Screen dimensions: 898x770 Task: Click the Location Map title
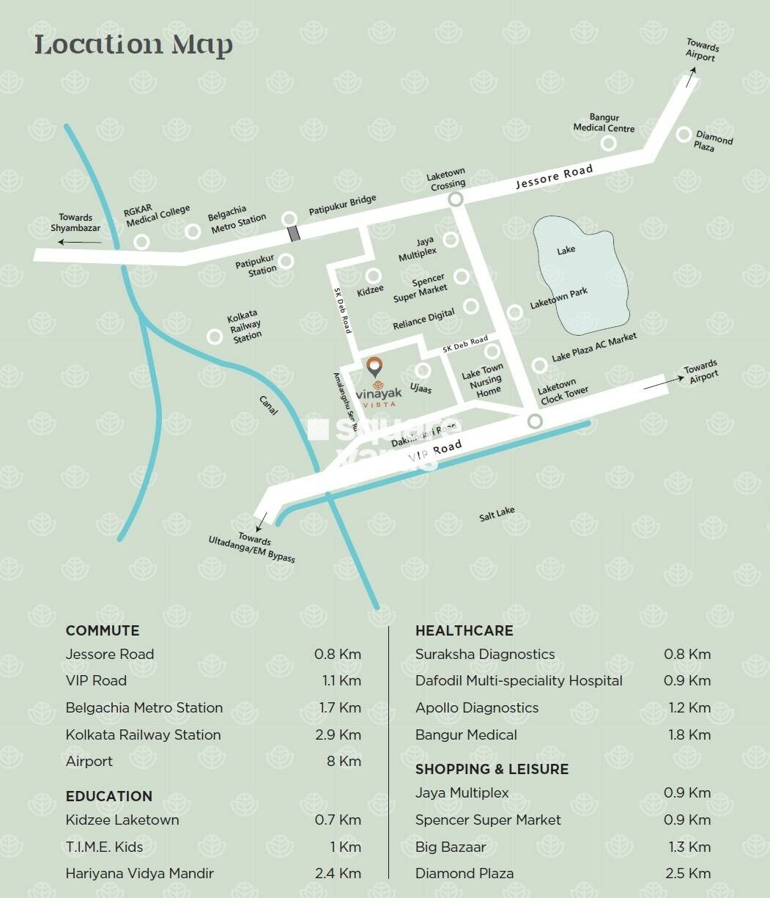click(x=133, y=45)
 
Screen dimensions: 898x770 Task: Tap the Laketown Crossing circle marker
click(x=456, y=199)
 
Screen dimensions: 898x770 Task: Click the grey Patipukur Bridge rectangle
click(x=294, y=234)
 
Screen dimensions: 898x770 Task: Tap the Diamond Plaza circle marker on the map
click(x=684, y=134)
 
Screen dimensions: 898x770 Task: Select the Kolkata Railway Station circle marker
click(x=215, y=336)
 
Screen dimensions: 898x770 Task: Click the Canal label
click(x=269, y=406)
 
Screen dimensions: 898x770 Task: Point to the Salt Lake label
click(x=497, y=514)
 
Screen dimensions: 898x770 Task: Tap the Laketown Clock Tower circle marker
click(x=535, y=421)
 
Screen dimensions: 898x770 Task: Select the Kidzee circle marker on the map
click(x=374, y=276)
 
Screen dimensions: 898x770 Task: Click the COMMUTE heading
click(x=103, y=630)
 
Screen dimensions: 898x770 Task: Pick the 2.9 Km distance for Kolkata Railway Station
click(x=338, y=735)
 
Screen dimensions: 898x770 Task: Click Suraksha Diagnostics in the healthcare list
click(x=485, y=654)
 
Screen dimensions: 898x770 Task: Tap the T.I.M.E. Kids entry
click(x=104, y=847)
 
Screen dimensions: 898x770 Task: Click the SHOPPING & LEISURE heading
click(x=492, y=769)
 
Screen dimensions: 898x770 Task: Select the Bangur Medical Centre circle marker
click(x=608, y=143)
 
